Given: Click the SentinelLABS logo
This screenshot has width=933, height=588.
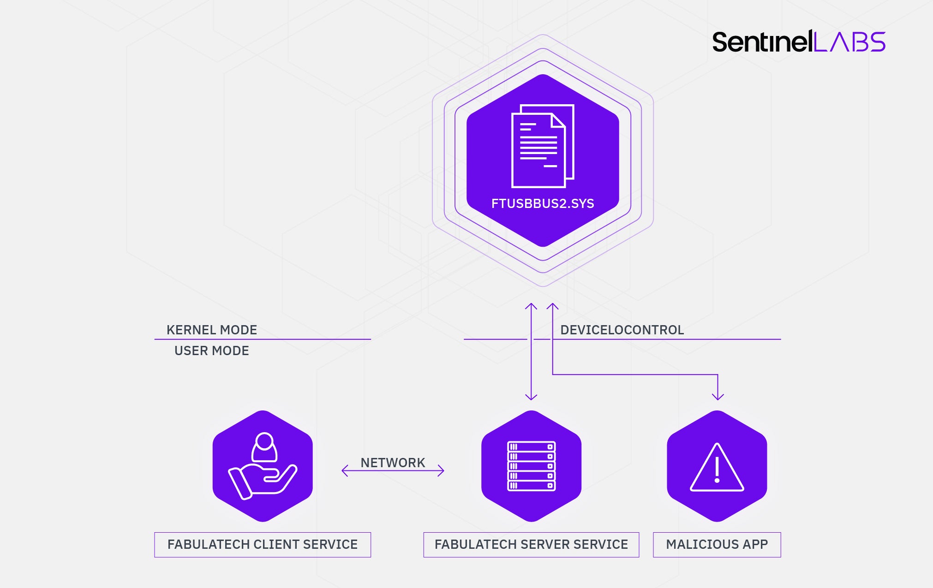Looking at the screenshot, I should coord(798,42).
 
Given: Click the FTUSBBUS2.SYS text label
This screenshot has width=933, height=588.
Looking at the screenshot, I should coord(543,204).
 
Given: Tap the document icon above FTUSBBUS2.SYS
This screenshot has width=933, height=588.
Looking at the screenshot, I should coord(542,146).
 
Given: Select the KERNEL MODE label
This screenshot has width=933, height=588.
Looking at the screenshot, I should coord(212,330).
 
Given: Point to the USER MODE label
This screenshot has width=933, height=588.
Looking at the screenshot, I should coord(212,351).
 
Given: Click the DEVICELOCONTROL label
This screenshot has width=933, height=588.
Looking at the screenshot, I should coord(622,330).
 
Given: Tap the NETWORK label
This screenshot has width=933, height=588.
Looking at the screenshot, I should coord(393,463).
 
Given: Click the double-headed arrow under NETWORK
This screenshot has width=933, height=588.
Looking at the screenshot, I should coord(393,471).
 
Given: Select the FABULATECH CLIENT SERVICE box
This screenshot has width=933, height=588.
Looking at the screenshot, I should coord(263,545).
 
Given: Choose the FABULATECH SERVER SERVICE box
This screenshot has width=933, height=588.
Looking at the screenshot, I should coord(531,545).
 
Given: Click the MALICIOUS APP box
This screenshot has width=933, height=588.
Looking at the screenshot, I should coord(717,545).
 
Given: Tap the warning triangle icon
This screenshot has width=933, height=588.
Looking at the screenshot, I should coord(717,468).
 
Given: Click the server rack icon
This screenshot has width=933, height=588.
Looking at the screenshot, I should coord(531,466).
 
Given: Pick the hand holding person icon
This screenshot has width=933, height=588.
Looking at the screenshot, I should coord(263,466).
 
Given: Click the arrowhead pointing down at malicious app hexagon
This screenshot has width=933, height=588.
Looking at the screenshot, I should coord(718,396).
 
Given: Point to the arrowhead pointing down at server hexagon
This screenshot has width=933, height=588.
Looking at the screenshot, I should coord(531,396).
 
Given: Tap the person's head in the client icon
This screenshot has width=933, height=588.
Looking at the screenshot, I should coord(264,441).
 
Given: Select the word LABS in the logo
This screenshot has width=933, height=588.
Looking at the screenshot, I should coord(849,42).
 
